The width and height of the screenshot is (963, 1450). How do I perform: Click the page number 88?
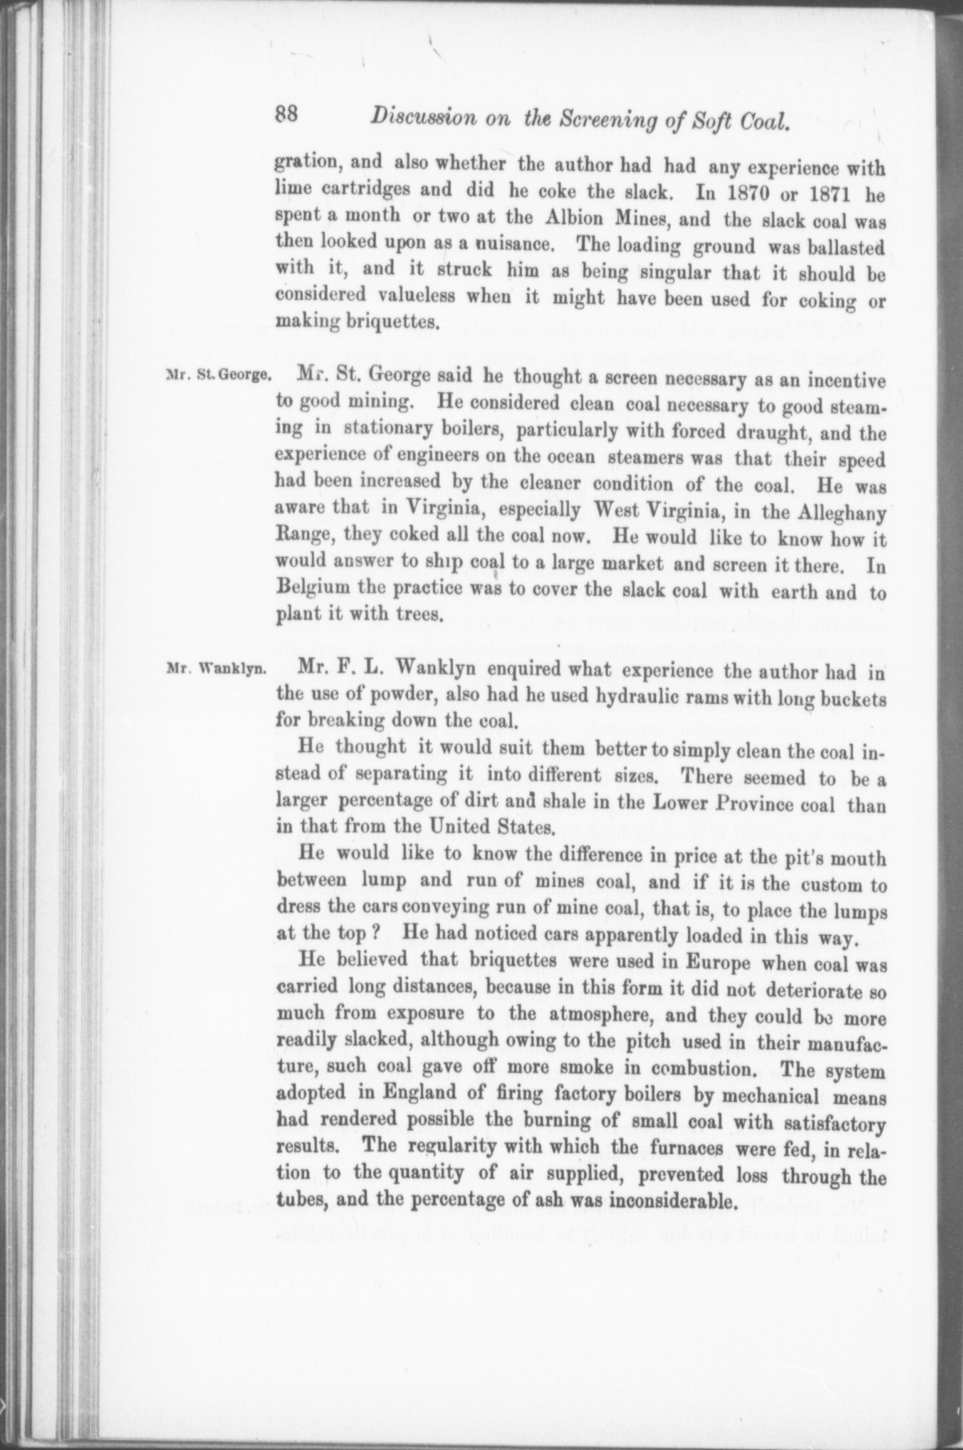pyautogui.click(x=289, y=115)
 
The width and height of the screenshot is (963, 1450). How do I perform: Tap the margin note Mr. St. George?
pyautogui.click(x=218, y=376)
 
